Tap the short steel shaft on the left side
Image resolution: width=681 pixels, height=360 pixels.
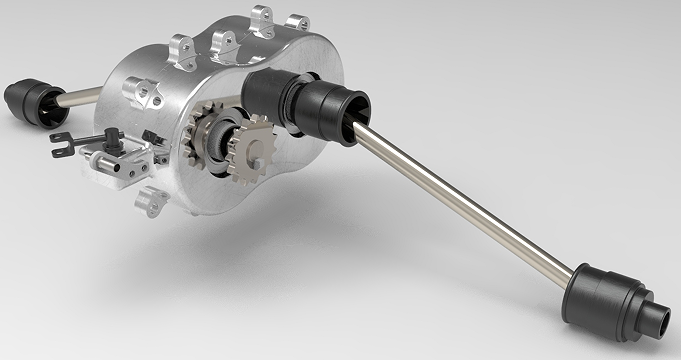[79, 97]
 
